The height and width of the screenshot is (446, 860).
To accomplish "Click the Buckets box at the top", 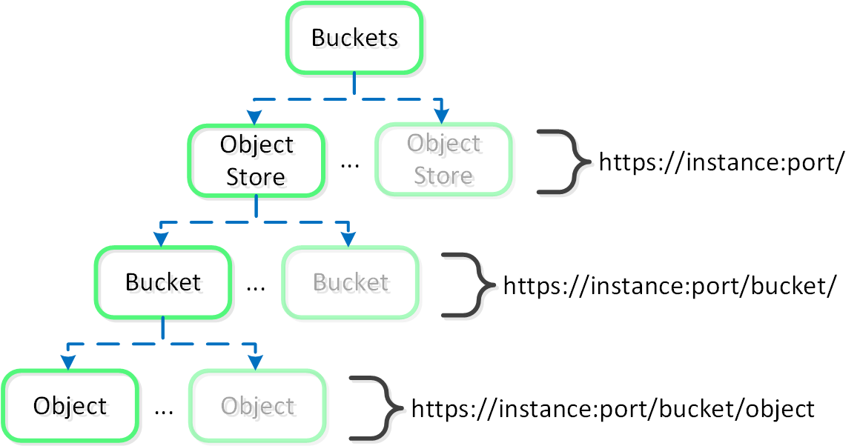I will point(354,38).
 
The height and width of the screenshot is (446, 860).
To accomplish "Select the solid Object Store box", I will point(256,160).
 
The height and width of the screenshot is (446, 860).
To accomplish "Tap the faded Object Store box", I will point(443,160).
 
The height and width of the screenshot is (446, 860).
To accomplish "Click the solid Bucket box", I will point(162,282).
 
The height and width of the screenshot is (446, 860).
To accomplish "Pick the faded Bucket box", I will point(350,282).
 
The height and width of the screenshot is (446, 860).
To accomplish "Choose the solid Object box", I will point(70,406).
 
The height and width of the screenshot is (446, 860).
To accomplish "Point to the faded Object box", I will point(257,406).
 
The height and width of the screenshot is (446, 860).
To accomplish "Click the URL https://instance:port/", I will point(721,163).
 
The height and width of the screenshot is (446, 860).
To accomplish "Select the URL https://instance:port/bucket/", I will point(670,285).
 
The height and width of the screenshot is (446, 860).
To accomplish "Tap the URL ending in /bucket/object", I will point(612,408).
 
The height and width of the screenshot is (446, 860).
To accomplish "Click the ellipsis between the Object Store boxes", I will point(349,164).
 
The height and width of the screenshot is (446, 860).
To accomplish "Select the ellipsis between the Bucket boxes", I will point(255,287).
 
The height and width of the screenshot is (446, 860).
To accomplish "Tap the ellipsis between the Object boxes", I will point(163,410).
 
